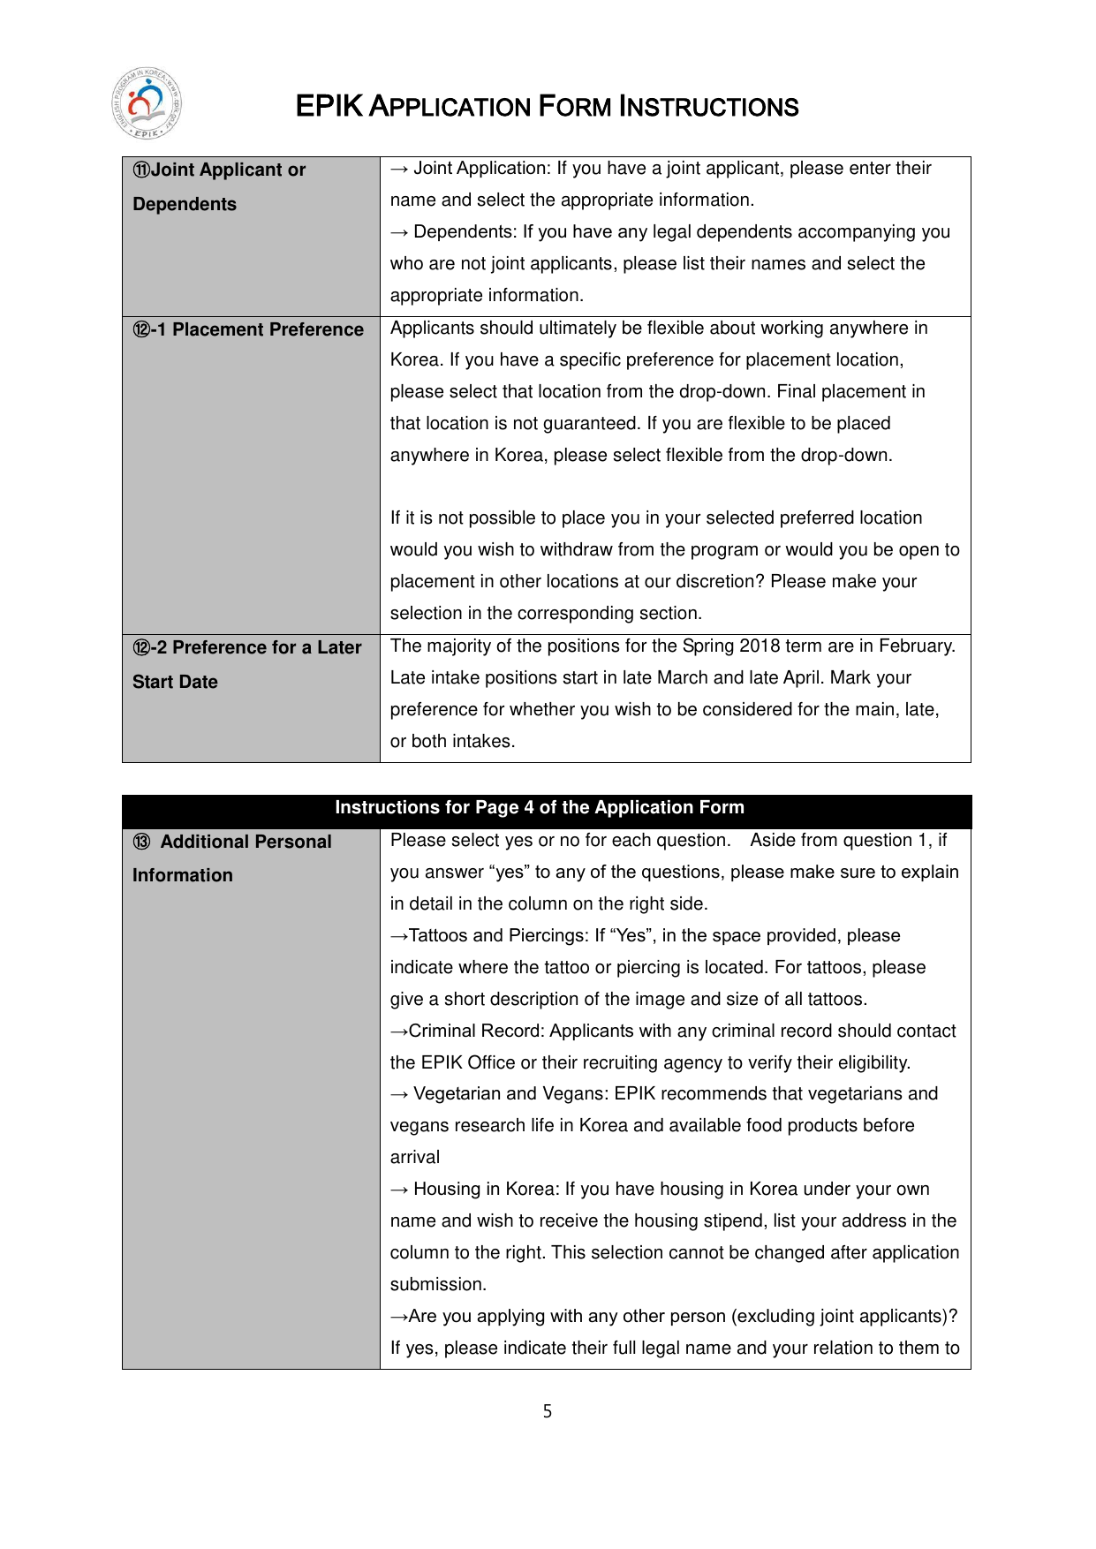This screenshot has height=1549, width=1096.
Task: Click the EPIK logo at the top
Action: tap(147, 104)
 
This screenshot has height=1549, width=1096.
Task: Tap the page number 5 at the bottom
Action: tap(548, 1411)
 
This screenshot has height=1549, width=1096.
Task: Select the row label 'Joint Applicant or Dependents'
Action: tap(219, 186)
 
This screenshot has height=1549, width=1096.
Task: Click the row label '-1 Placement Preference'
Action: tap(248, 329)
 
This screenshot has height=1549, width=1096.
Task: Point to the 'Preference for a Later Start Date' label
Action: tap(246, 664)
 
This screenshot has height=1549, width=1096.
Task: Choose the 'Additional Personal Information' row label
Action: tap(232, 858)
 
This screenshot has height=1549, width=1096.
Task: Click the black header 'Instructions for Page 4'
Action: tap(539, 807)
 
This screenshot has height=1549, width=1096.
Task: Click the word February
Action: tap(915, 646)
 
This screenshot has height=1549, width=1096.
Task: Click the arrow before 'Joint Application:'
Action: tap(399, 169)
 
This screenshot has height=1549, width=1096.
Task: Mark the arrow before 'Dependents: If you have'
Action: tap(399, 232)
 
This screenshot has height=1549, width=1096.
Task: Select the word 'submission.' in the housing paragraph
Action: tap(438, 1284)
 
